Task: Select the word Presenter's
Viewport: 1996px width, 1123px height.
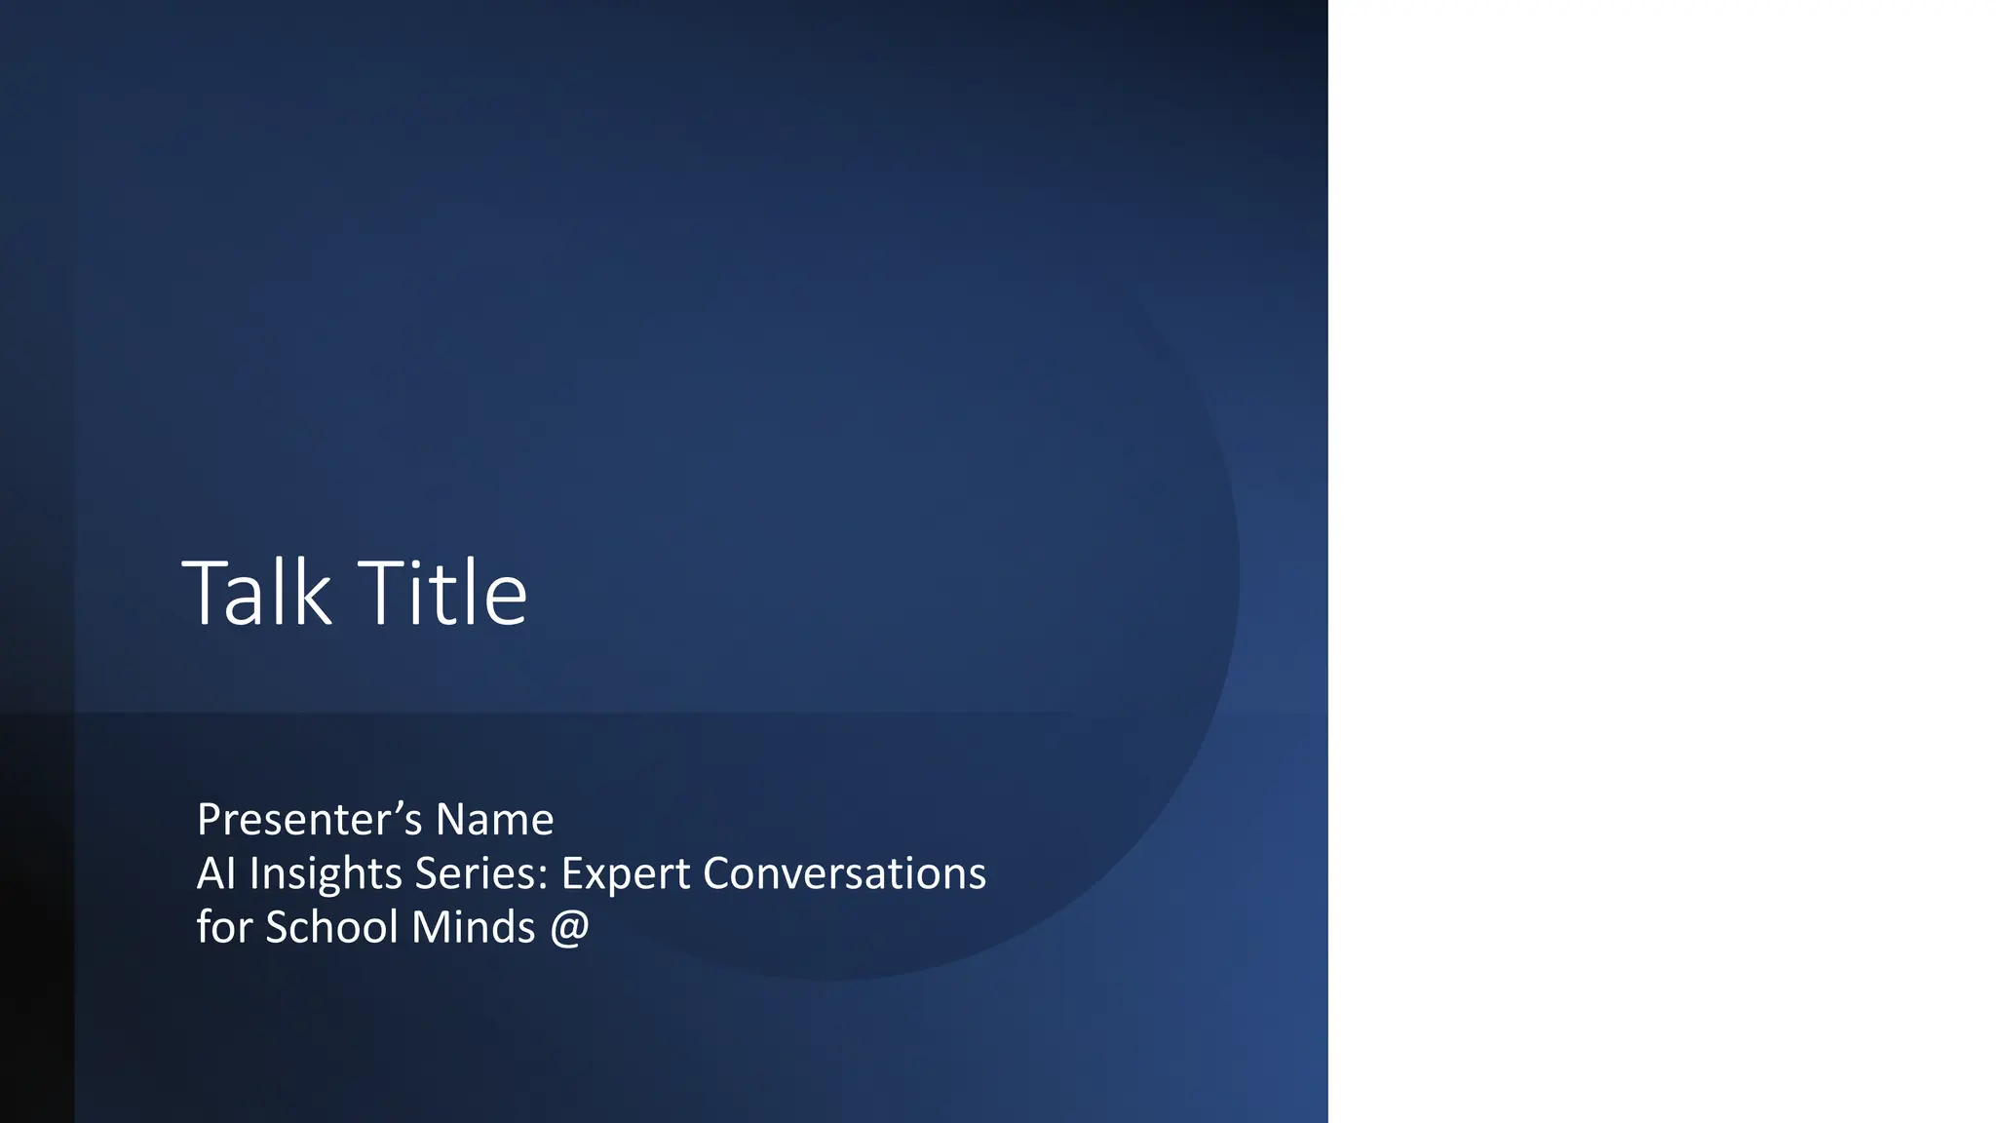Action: tap(309, 820)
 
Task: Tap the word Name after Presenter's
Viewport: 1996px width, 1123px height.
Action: tap(494, 820)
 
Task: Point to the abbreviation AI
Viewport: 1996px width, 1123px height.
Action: tap(215, 873)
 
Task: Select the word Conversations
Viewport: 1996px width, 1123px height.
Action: tap(844, 873)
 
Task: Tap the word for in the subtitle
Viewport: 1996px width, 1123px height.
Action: tap(224, 927)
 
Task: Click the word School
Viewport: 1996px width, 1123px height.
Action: tap(331, 927)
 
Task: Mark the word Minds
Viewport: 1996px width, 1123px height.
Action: tap(473, 927)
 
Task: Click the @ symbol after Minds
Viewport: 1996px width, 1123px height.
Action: tap(570, 928)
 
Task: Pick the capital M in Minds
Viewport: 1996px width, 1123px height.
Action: tap(429, 927)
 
